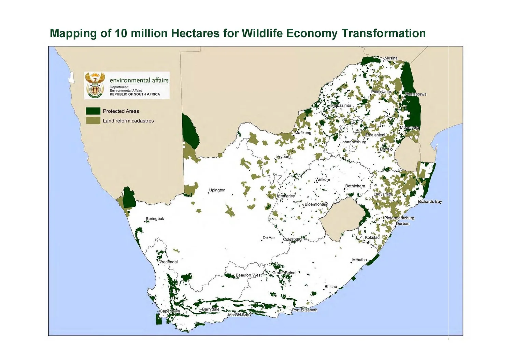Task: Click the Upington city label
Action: [217, 190]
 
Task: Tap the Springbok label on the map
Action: [155, 219]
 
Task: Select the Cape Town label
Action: [170, 311]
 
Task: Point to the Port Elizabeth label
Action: [304, 310]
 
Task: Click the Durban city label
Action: [402, 224]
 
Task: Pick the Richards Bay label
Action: [430, 202]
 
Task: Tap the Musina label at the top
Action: [391, 58]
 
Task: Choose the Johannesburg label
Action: [353, 142]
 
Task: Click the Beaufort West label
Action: [248, 275]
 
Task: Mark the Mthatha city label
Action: [359, 260]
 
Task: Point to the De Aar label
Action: [269, 238]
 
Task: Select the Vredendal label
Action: [169, 262]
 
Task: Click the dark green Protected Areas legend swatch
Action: [93, 111]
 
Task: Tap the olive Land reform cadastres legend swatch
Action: [93, 120]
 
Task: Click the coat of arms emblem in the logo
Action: [95, 85]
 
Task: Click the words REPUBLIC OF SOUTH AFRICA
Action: [134, 95]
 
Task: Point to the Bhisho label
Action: [330, 287]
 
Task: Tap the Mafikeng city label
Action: [303, 133]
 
